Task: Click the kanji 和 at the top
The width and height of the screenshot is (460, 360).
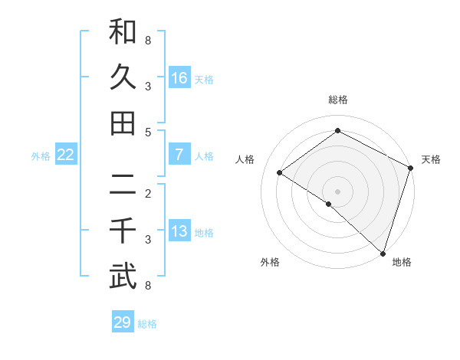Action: point(123,31)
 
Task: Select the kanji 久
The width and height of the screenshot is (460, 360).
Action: point(123,77)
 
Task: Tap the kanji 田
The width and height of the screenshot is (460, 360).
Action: point(123,123)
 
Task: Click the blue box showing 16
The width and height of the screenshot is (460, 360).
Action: point(179,77)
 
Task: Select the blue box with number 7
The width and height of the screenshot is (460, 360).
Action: point(179,155)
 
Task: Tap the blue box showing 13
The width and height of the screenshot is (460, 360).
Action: point(179,231)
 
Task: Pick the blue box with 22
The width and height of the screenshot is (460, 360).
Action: point(66,155)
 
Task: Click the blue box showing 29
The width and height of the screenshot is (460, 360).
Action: point(123,322)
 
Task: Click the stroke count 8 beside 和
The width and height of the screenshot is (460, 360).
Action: point(148,40)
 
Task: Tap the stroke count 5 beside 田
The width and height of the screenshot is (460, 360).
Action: point(148,133)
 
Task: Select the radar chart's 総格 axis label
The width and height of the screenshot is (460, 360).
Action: point(338,100)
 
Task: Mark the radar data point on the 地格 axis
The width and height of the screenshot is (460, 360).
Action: point(383,252)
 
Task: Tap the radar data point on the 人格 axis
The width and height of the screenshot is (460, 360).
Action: point(280,172)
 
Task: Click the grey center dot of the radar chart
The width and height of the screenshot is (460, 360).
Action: point(338,191)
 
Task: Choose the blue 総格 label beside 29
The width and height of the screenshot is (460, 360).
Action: point(148,324)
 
